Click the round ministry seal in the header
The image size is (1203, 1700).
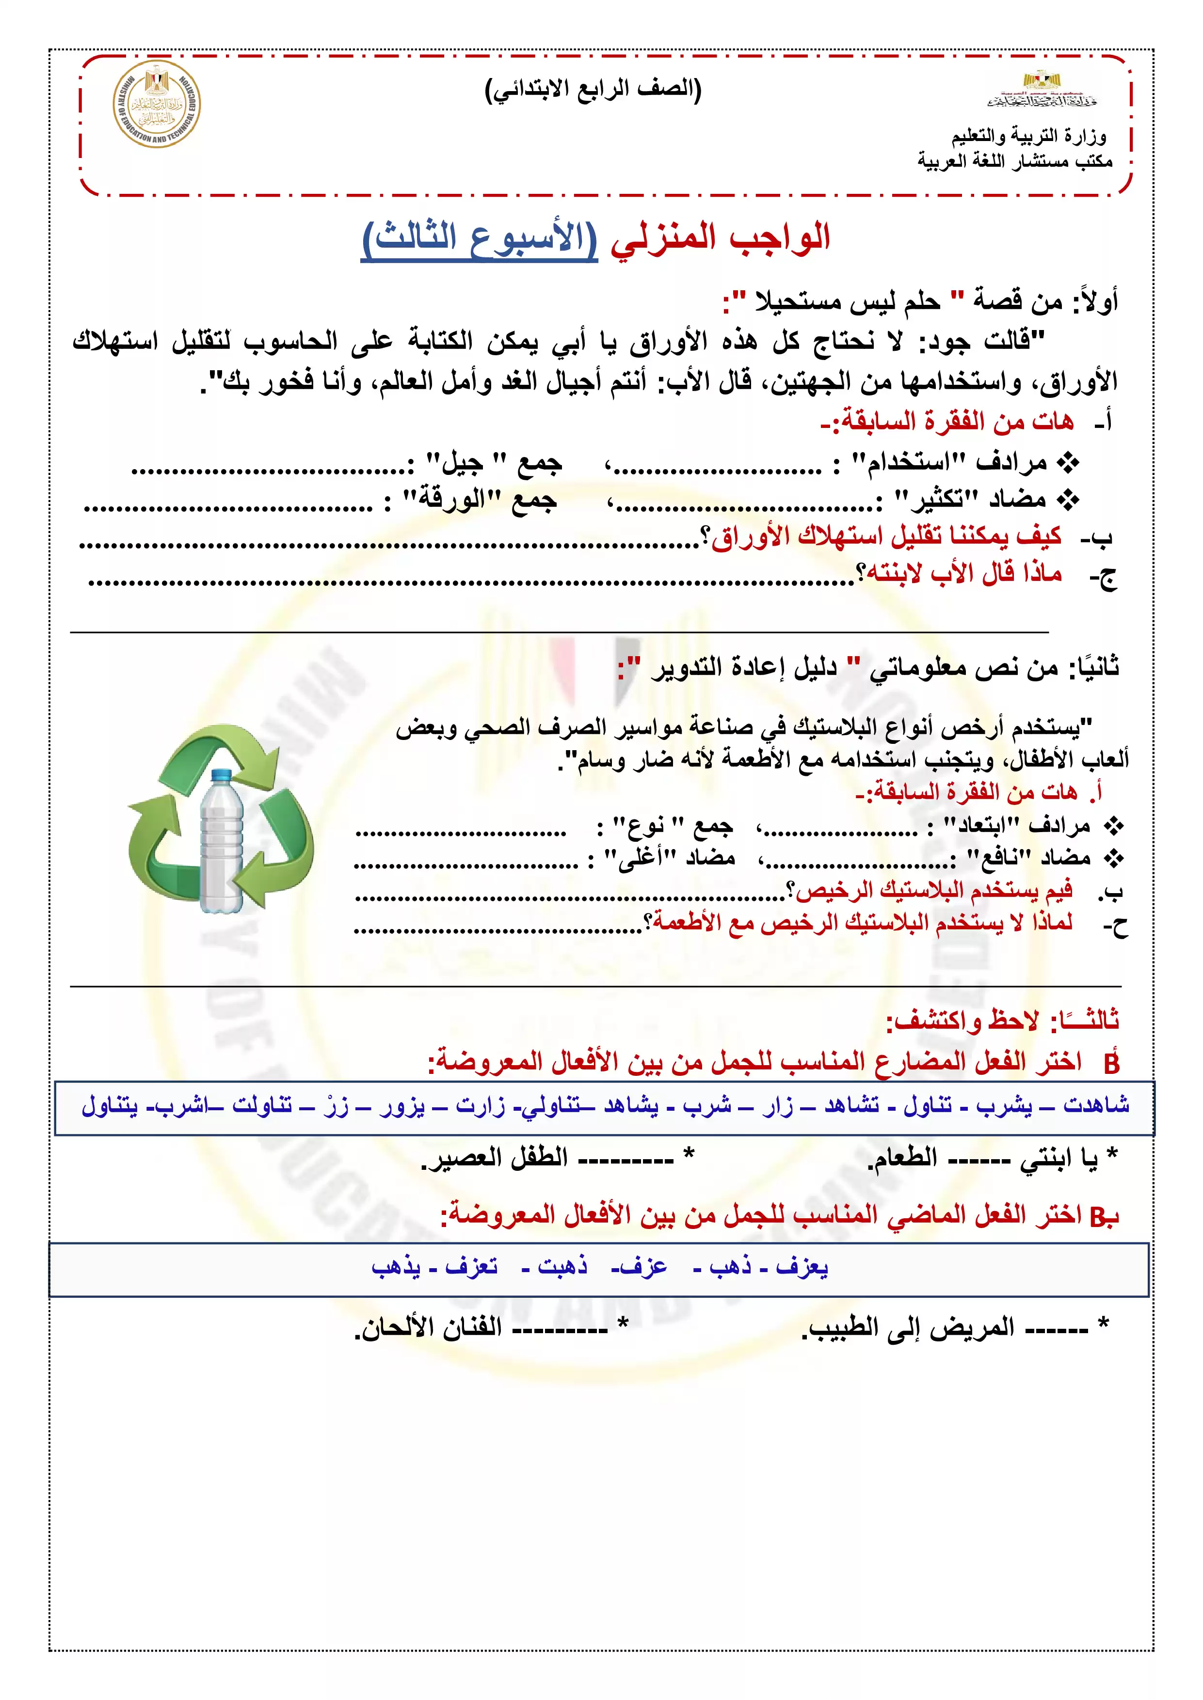tap(156, 104)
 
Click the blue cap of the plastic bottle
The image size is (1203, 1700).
tap(222, 775)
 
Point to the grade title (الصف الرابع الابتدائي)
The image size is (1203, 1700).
tap(593, 90)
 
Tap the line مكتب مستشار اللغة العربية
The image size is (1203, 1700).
tap(1015, 161)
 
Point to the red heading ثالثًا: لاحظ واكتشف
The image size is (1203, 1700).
tap(1002, 1020)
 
